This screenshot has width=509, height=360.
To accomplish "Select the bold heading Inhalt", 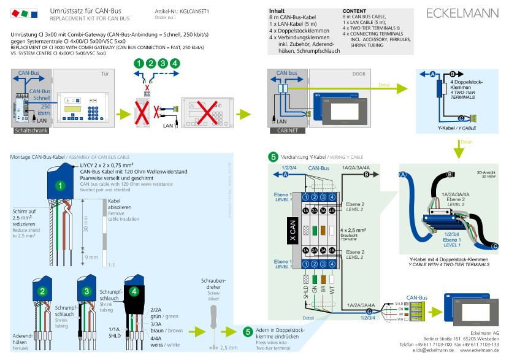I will [277, 11].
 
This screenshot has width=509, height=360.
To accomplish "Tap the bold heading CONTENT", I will [354, 11].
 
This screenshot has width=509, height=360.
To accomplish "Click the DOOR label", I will [359, 74].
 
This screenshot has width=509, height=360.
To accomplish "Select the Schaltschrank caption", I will [30, 131].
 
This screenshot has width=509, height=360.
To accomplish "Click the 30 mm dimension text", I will [86, 228].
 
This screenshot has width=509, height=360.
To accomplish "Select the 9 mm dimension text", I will [90, 257].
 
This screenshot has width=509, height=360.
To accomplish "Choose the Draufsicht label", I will [349, 235].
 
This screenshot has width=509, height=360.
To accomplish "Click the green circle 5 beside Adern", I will [248, 331].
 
